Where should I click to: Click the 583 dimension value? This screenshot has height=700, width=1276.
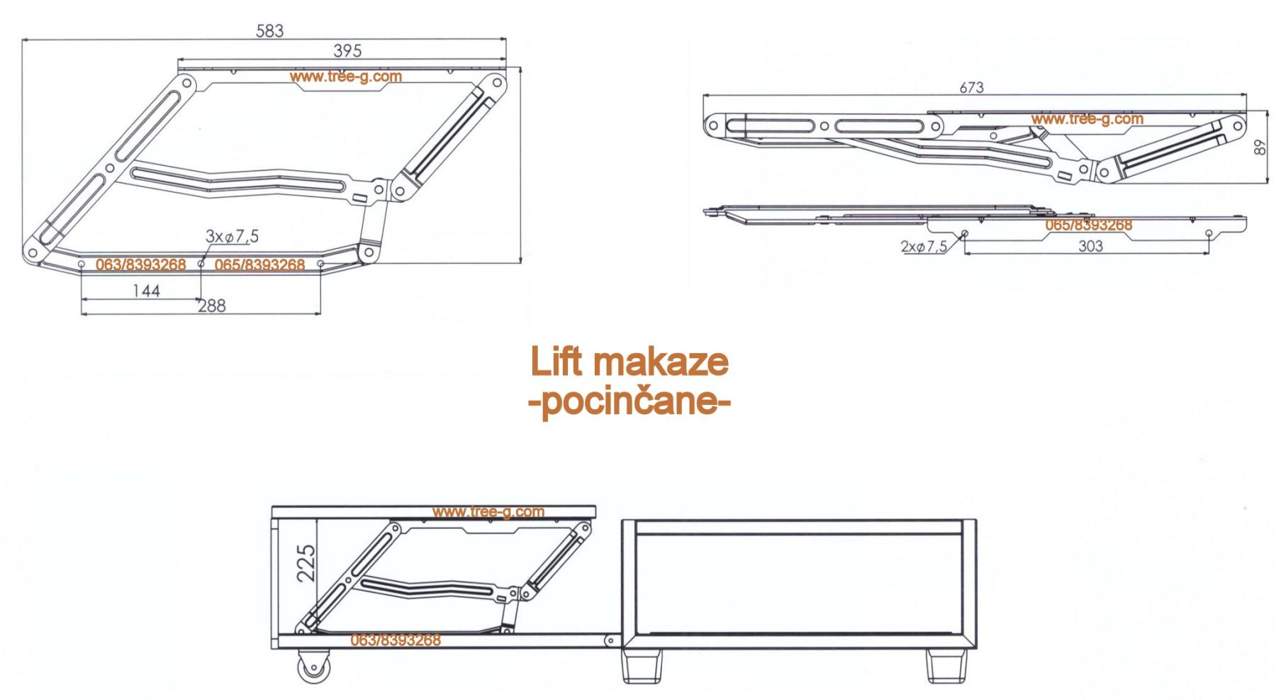pyautogui.click(x=269, y=31)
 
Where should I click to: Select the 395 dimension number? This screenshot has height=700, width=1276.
pyautogui.click(x=347, y=51)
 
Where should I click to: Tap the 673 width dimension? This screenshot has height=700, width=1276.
pyautogui.click(x=971, y=87)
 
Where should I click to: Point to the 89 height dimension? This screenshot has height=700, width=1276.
pyautogui.click(x=1260, y=147)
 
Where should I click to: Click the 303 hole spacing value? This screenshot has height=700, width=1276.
pyautogui.click(x=1090, y=245)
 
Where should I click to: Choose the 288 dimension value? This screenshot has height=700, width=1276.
pyautogui.click(x=211, y=306)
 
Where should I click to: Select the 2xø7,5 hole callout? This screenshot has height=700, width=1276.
pyautogui.click(x=924, y=247)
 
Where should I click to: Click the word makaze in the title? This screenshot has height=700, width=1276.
pyautogui.click(x=660, y=362)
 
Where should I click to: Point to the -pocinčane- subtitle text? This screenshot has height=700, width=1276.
pyautogui.click(x=629, y=403)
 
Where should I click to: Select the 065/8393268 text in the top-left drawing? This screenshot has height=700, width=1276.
pyautogui.click(x=259, y=265)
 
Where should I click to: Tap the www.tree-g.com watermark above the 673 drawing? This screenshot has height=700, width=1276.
pyautogui.click(x=1087, y=119)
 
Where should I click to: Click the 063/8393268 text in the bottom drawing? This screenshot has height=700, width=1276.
pyautogui.click(x=396, y=640)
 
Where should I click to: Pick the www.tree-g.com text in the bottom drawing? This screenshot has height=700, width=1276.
pyautogui.click(x=488, y=511)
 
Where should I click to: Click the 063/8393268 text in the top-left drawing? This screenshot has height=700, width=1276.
pyautogui.click(x=140, y=265)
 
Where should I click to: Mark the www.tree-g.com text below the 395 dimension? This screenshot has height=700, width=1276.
pyautogui.click(x=346, y=76)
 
